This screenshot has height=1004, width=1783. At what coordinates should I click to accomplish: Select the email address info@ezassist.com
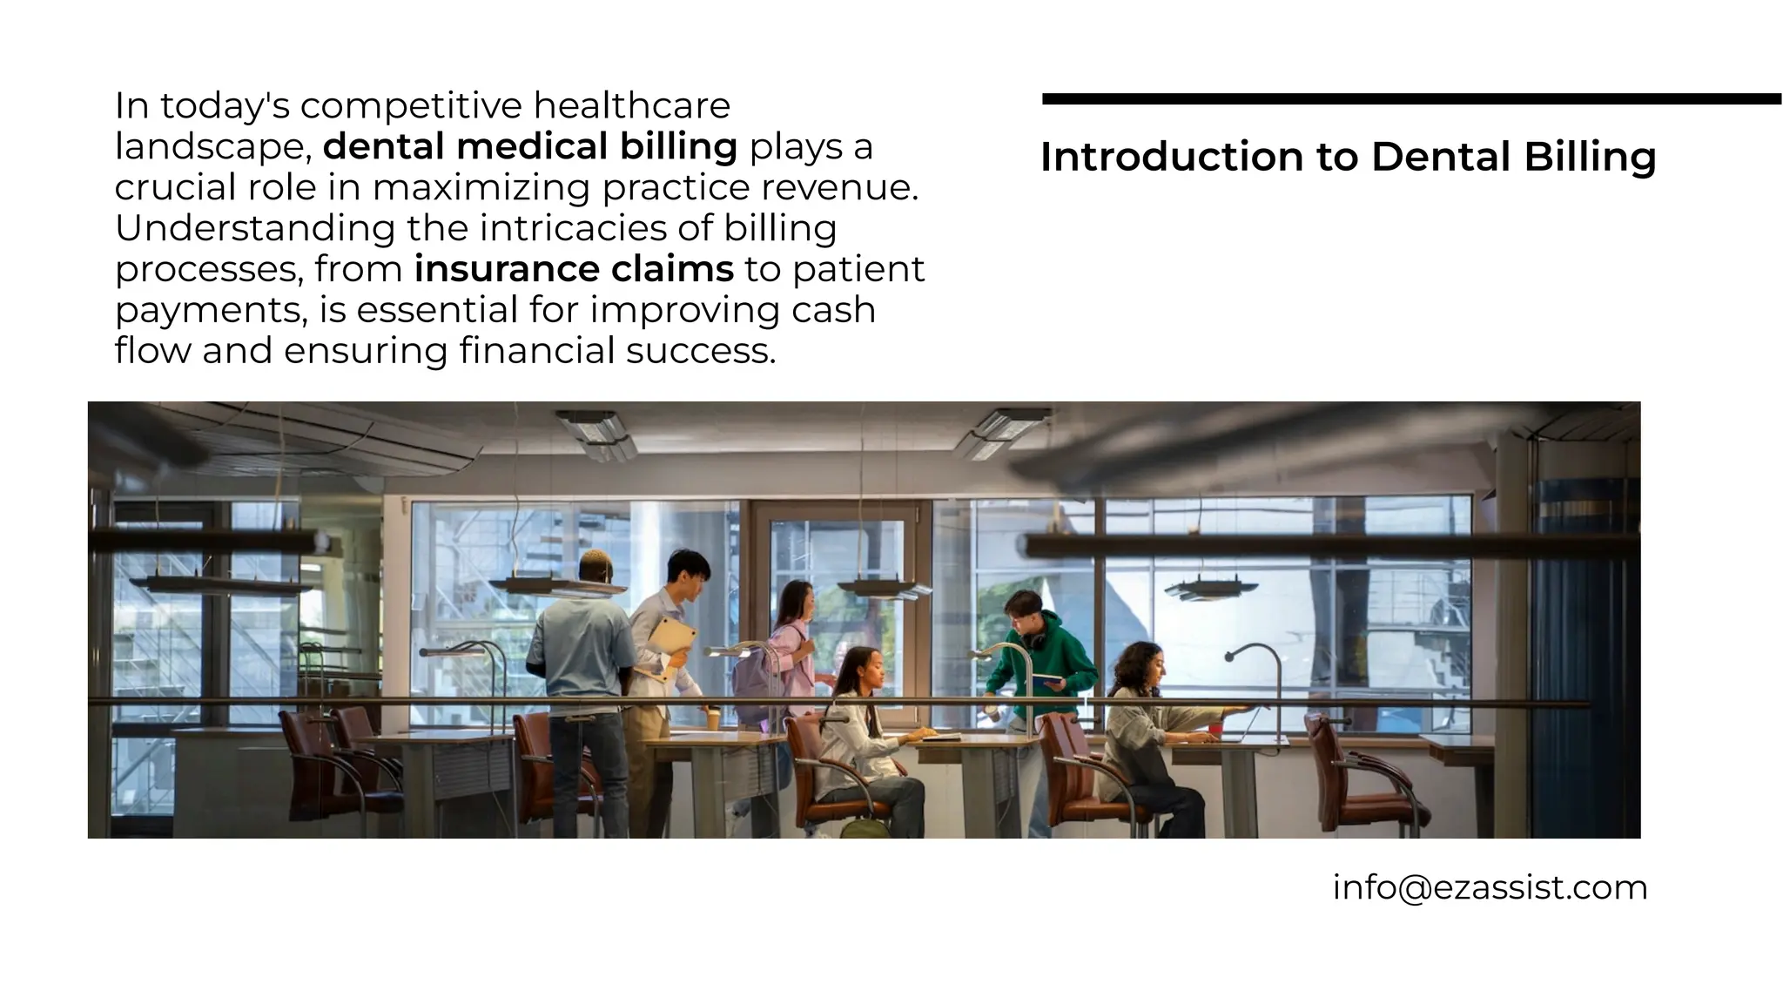(x=1490, y=887)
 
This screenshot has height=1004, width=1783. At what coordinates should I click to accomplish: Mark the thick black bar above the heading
(x=1410, y=99)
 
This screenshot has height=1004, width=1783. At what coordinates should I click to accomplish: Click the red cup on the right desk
(x=1233, y=711)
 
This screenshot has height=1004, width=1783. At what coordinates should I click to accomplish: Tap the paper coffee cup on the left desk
(x=712, y=718)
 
